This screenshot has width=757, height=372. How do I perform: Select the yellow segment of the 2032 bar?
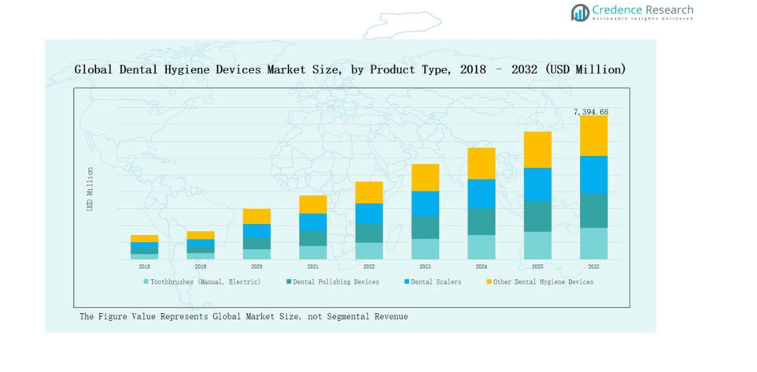coord(594,136)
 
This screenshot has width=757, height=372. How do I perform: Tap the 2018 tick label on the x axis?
coord(144,266)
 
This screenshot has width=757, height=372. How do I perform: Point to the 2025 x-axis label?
coord(537,266)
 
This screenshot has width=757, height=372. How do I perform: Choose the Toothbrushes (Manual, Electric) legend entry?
coord(201,281)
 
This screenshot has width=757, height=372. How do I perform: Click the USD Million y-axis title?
coord(90,189)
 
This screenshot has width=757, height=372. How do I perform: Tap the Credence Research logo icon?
coord(580,12)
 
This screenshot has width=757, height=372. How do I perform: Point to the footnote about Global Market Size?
coord(243,316)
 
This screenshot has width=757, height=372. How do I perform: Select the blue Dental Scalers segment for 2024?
coord(482,194)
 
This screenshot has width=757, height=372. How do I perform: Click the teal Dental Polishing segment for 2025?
coord(537,216)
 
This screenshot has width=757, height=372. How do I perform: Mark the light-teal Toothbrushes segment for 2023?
coord(426,249)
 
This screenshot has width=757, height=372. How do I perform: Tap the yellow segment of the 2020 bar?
coord(257,216)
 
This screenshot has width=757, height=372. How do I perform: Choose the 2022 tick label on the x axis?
coord(369,266)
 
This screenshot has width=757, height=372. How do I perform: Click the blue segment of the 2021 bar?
coord(313,222)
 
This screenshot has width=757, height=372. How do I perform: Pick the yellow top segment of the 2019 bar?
coord(201,235)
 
